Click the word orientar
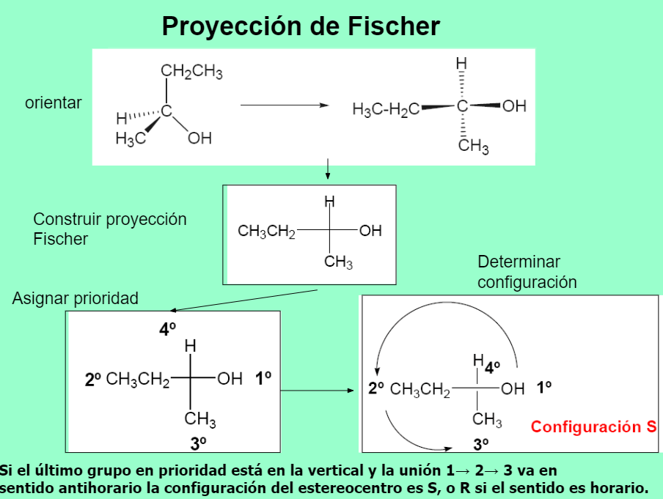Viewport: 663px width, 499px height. [54, 103]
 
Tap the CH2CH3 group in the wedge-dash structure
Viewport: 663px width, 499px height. [191, 72]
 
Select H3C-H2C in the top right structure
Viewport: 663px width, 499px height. [386, 109]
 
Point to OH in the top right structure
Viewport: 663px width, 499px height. [514, 106]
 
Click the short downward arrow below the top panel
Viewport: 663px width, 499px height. [328, 170]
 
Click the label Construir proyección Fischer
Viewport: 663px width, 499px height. [110, 229]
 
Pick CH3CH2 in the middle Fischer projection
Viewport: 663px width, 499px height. [266, 232]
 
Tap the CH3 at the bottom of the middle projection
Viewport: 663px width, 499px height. [339, 262]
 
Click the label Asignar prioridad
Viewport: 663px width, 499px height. [75, 298]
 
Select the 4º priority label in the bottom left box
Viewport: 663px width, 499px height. [168, 330]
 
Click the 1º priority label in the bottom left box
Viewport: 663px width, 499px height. [263, 379]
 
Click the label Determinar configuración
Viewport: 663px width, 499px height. [527, 272]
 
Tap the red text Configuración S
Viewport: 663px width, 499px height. [593, 426]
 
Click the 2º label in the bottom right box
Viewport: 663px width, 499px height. [376, 388]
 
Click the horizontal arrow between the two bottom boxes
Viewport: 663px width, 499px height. [318, 390]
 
